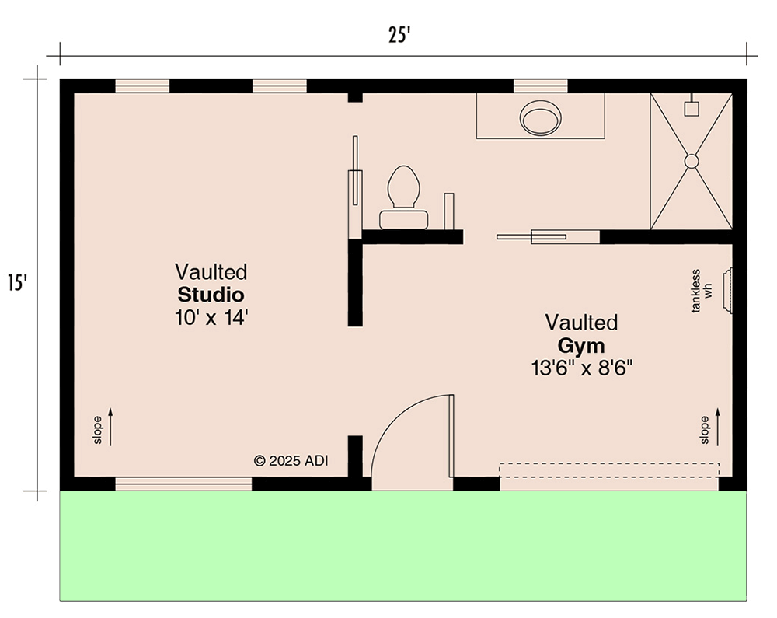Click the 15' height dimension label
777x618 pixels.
(17, 281)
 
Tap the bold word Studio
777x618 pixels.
(211, 295)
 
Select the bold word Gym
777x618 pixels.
(581, 345)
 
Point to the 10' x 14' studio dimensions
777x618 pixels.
(211, 317)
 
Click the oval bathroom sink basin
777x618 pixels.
(541, 118)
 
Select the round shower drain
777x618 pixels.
(691, 161)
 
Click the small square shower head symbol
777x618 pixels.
(691, 109)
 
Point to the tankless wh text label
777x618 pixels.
(702, 291)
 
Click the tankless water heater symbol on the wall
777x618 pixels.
(729, 290)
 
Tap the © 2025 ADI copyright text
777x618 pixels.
(291, 460)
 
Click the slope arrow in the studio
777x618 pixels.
(110, 428)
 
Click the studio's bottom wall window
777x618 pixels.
(183, 484)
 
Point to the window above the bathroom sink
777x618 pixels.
(541, 86)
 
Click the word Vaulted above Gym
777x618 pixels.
(581, 322)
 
